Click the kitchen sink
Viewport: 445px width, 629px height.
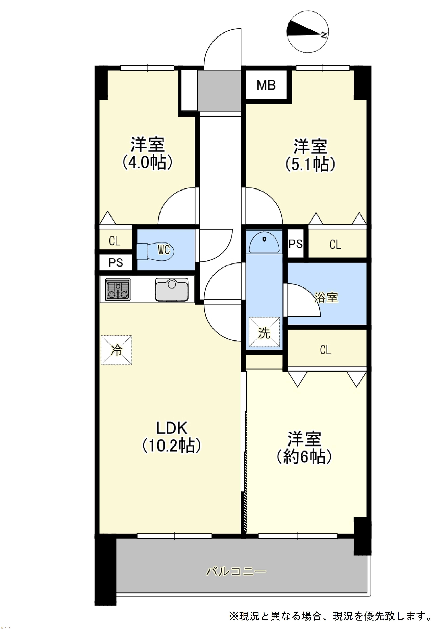[x=172, y=290]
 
